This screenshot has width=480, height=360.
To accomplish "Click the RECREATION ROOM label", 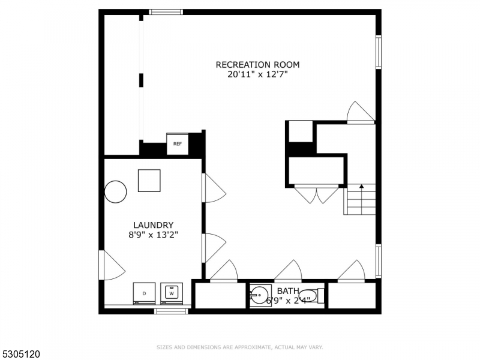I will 257,65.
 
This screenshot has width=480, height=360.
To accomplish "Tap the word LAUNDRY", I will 153,226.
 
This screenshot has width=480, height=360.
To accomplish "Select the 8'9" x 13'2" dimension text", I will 153,236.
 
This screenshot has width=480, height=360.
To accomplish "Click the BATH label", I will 288,291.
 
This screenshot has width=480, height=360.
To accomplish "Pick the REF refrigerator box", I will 177,144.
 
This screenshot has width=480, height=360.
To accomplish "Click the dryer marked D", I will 144,293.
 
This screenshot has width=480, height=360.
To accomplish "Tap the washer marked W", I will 172,293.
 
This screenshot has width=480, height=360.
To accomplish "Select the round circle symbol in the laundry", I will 116,192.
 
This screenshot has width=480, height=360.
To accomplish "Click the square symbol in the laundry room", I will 149,181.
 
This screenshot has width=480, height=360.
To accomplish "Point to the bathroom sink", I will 259,295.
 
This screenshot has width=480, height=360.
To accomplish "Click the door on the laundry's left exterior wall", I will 110,265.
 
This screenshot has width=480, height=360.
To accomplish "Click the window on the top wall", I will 166,11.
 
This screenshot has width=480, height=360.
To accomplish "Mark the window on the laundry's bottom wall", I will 171,311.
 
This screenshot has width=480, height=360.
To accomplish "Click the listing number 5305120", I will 20,355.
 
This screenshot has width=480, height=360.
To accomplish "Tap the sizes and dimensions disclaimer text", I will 240,347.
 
